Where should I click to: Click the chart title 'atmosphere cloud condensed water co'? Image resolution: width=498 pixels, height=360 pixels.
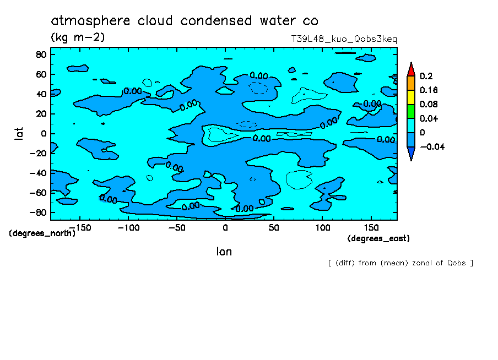click(x=185, y=21)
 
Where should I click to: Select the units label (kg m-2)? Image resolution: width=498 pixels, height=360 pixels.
click(x=78, y=37)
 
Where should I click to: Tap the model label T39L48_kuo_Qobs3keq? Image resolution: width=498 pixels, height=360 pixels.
click(x=344, y=40)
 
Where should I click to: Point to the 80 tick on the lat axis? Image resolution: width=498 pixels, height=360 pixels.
click(x=41, y=54)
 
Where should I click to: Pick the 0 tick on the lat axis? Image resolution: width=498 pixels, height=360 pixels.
click(x=44, y=133)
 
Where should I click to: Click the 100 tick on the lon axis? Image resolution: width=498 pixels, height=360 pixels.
click(x=322, y=227)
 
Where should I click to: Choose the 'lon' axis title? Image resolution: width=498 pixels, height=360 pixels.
click(x=224, y=252)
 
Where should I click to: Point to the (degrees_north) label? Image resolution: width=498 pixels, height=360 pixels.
click(x=42, y=233)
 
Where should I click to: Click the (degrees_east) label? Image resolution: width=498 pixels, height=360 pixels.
click(x=378, y=238)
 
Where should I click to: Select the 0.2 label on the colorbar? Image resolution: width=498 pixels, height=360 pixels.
click(x=426, y=76)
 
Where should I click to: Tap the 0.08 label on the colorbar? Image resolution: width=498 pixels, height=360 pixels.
click(x=428, y=104)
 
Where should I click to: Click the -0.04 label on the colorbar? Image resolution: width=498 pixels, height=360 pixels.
click(x=431, y=146)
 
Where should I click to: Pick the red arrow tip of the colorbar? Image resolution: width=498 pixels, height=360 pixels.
click(x=410, y=69)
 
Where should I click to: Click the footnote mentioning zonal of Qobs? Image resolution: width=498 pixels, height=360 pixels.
click(x=400, y=263)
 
